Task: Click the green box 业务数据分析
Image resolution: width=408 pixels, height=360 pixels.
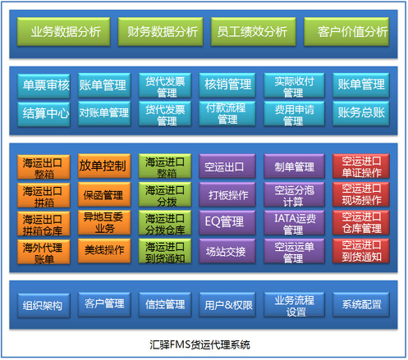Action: (63, 32)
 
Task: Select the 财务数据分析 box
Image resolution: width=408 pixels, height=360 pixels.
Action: (160, 32)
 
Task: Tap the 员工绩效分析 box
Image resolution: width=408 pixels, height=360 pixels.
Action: (254, 32)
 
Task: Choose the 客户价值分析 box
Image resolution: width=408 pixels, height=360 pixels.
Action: (346, 32)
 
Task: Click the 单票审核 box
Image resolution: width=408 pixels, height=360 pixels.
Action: (44, 86)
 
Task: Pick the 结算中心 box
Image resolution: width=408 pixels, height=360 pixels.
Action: (44, 114)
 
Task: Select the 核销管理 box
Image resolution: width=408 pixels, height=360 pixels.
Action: (227, 85)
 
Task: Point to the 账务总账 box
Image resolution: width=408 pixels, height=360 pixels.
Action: (361, 113)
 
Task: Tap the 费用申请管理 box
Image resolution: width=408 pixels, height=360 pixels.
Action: (294, 113)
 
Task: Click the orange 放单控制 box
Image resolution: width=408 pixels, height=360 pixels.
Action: (104, 166)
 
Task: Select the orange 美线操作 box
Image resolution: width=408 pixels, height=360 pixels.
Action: (104, 251)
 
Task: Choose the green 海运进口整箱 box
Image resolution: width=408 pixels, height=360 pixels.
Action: (165, 166)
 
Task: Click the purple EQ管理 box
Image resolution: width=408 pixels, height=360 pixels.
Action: (227, 222)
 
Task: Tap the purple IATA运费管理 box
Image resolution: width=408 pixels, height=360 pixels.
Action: (294, 222)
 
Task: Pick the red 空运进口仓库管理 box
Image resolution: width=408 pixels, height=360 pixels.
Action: (361, 222)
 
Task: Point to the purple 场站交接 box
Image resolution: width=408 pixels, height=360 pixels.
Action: (227, 251)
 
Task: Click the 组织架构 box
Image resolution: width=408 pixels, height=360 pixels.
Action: (44, 306)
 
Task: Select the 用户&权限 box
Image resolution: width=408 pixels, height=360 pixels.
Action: (227, 305)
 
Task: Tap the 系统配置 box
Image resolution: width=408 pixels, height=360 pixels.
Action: (361, 305)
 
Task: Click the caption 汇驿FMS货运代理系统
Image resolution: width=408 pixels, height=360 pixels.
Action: (199, 344)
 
